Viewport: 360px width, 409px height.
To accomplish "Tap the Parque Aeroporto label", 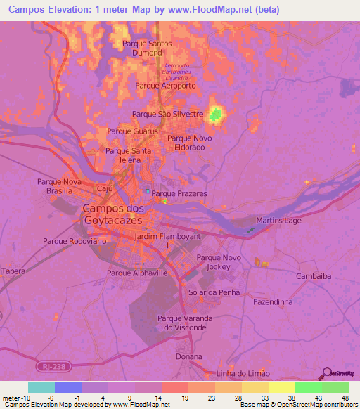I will pos(165,85).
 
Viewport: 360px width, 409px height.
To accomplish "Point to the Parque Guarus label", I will pos(132,131).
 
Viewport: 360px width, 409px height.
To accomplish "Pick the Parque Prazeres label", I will pos(179,193).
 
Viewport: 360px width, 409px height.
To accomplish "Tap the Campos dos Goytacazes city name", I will pos(112,214).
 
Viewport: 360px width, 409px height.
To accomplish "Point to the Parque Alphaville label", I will pos(137,273).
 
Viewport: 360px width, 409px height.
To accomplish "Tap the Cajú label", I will pos(105,188).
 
